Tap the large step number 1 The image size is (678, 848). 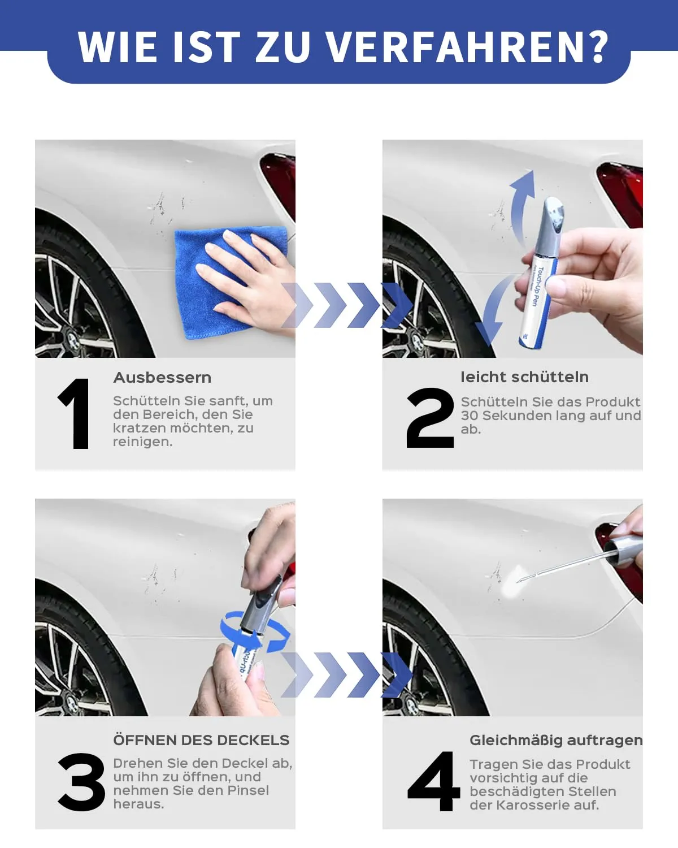point(75,413)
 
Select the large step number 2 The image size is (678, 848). point(430,418)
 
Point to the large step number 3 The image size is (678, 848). point(82,782)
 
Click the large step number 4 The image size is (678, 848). point(434,781)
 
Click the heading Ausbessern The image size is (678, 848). point(162,378)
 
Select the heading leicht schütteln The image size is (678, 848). point(525,377)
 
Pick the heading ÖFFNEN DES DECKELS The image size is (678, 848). point(201,740)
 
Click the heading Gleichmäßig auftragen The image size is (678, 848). point(556,741)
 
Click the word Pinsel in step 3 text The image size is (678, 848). point(248,790)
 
